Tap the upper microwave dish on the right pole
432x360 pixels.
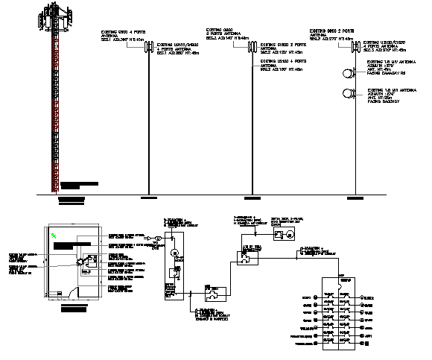(348, 74)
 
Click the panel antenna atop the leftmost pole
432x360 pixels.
(148, 48)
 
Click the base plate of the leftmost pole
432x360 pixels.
(148, 198)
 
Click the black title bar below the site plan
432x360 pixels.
(73, 308)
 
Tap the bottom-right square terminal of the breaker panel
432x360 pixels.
(345, 346)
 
